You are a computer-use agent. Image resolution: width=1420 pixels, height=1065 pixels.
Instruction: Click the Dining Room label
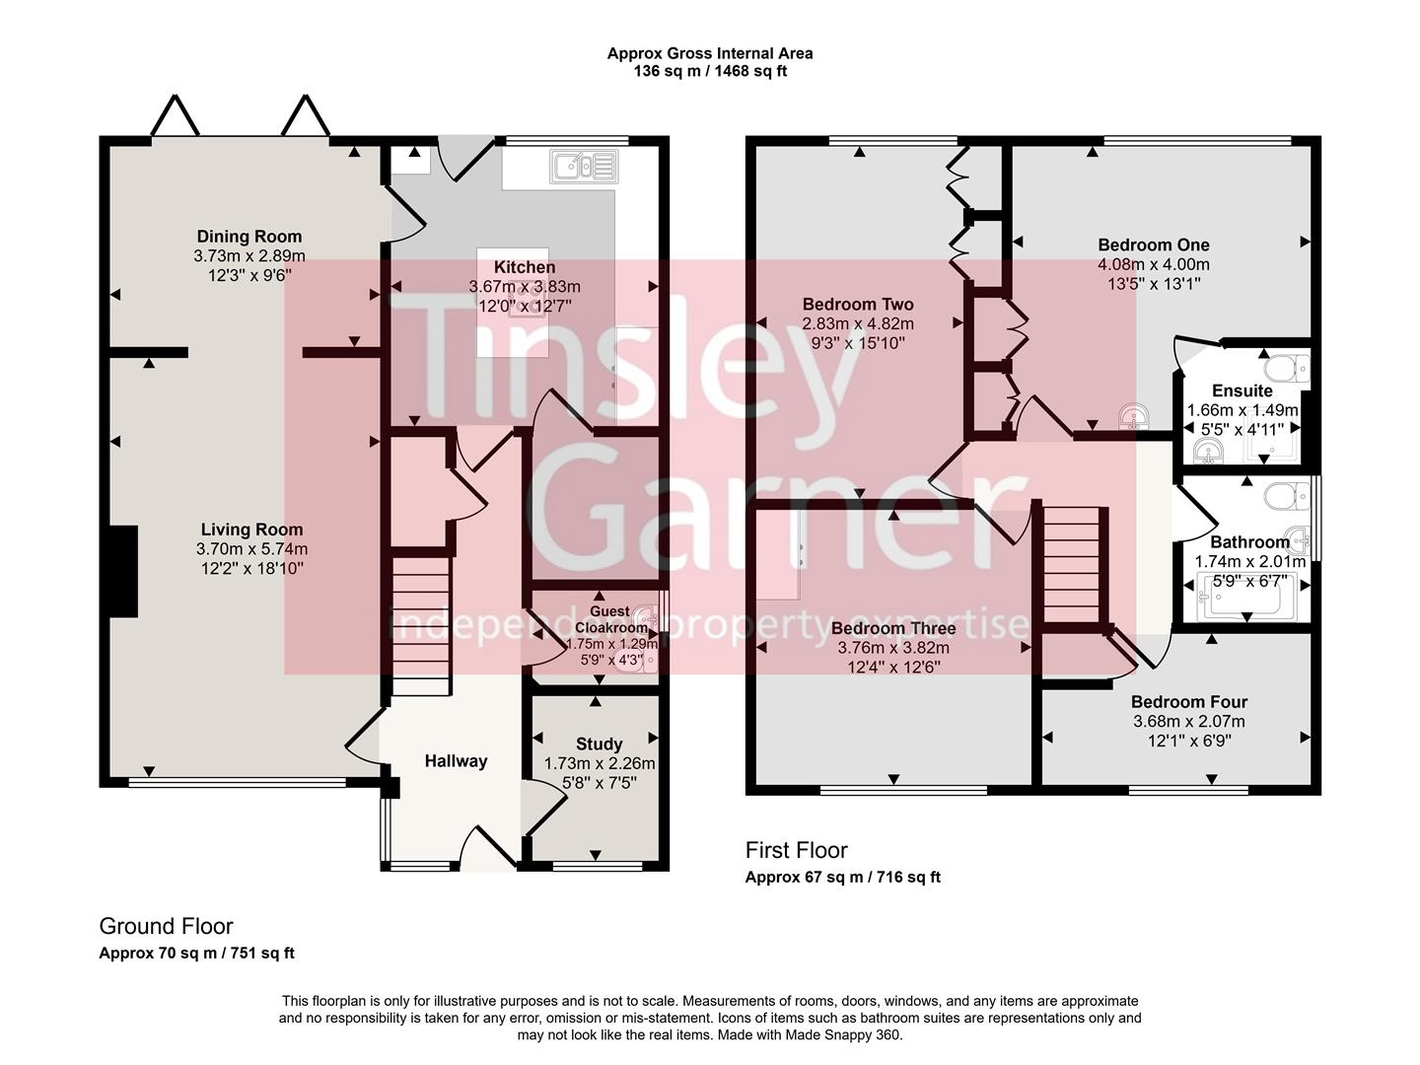click(x=249, y=237)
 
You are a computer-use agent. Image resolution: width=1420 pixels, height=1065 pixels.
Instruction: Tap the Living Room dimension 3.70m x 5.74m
click(x=251, y=549)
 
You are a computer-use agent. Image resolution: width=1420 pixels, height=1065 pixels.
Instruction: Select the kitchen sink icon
click(x=584, y=166)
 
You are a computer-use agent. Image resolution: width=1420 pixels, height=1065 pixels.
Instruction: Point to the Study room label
click(x=599, y=745)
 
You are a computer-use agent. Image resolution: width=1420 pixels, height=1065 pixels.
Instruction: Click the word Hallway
click(x=456, y=761)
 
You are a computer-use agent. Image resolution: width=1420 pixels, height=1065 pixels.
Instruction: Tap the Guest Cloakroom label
click(x=603, y=619)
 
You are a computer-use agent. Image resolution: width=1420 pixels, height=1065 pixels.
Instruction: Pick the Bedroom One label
click(x=1154, y=245)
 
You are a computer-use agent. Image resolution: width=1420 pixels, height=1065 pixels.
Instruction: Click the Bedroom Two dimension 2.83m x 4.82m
click(x=858, y=324)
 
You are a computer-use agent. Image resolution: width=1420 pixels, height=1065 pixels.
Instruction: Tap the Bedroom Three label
click(x=893, y=628)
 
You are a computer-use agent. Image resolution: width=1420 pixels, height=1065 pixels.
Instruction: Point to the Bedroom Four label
click(x=1189, y=702)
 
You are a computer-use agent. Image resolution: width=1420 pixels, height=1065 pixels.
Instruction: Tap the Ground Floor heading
click(x=166, y=927)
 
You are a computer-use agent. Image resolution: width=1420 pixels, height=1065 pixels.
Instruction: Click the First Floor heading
click(x=796, y=850)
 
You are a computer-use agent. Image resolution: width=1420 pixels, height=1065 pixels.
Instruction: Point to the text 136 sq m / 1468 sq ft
click(x=710, y=71)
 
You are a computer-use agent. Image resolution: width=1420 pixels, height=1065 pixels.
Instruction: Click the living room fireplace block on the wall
click(x=122, y=571)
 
